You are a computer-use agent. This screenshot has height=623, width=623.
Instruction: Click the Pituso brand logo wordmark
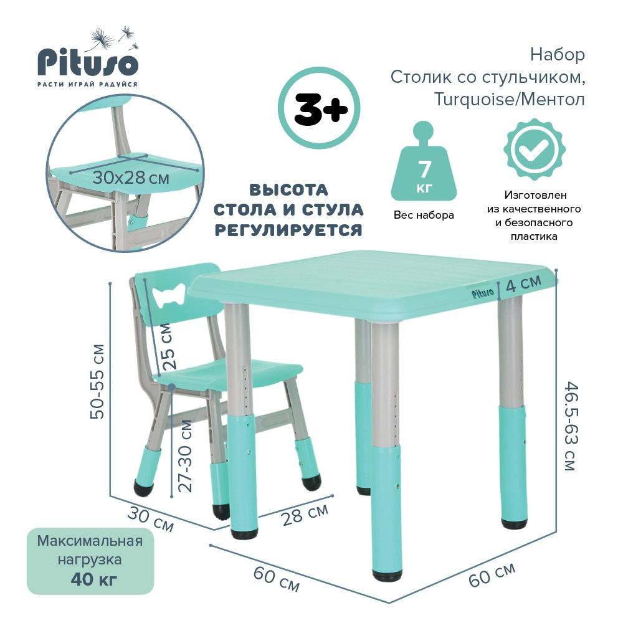(87, 62)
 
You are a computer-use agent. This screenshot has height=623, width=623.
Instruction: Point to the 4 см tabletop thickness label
(523, 284)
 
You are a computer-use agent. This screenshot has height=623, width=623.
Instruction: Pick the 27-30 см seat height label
(185, 455)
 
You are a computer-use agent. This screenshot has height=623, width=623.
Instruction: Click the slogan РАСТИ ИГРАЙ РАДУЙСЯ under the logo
(87, 84)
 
